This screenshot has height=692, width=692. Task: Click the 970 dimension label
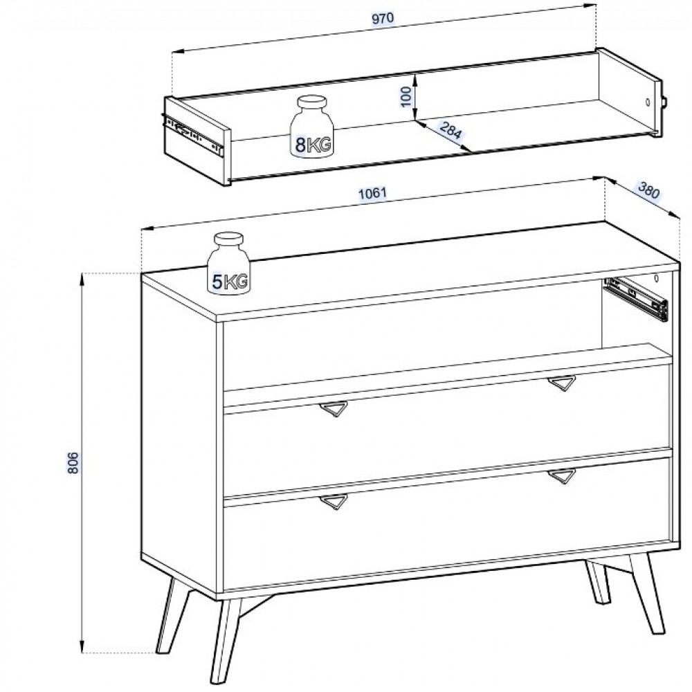pyautogui.click(x=382, y=19)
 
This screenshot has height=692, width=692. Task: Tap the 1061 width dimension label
pyautogui.click(x=372, y=193)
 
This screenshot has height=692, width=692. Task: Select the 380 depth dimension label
pyautogui.click(x=648, y=191)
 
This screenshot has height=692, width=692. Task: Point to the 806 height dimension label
pyautogui.click(x=73, y=462)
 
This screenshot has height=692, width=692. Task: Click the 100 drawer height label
pyautogui.click(x=406, y=97)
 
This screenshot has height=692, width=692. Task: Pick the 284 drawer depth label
pyautogui.click(x=450, y=130)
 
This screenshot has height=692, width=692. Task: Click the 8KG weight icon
pyautogui.click(x=311, y=126)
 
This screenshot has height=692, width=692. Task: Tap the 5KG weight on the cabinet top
pyautogui.click(x=228, y=263)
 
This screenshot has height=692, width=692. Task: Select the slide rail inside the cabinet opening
pyautogui.click(x=636, y=298)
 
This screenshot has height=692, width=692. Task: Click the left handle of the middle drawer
pyautogui.click(x=334, y=409)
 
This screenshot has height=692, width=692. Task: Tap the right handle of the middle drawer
pyautogui.click(x=562, y=383)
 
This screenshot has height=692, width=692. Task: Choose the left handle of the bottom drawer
pyautogui.click(x=334, y=502)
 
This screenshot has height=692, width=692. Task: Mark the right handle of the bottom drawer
pyautogui.click(x=562, y=476)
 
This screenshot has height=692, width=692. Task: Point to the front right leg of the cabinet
pyautogui.click(x=646, y=594)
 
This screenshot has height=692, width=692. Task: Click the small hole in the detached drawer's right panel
pyautogui.click(x=648, y=102)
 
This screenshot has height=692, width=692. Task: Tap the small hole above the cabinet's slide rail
pyautogui.click(x=656, y=278)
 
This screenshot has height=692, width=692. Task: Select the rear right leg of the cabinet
pyautogui.click(x=599, y=582)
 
